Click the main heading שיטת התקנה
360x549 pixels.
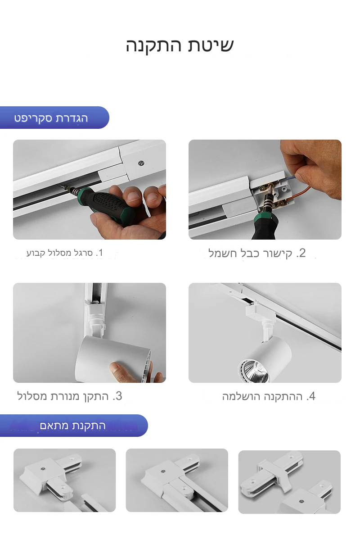click(x=180, y=46)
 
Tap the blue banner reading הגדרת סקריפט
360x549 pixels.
click(x=54, y=118)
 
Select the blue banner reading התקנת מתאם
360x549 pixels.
click(x=73, y=426)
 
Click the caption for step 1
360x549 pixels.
click(x=65, y=253)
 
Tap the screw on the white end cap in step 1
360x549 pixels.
click(x=141, y=163)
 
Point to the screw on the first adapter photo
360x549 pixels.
click(x=43, y=469)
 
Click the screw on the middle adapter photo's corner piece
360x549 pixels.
click(x=163, y=471)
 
